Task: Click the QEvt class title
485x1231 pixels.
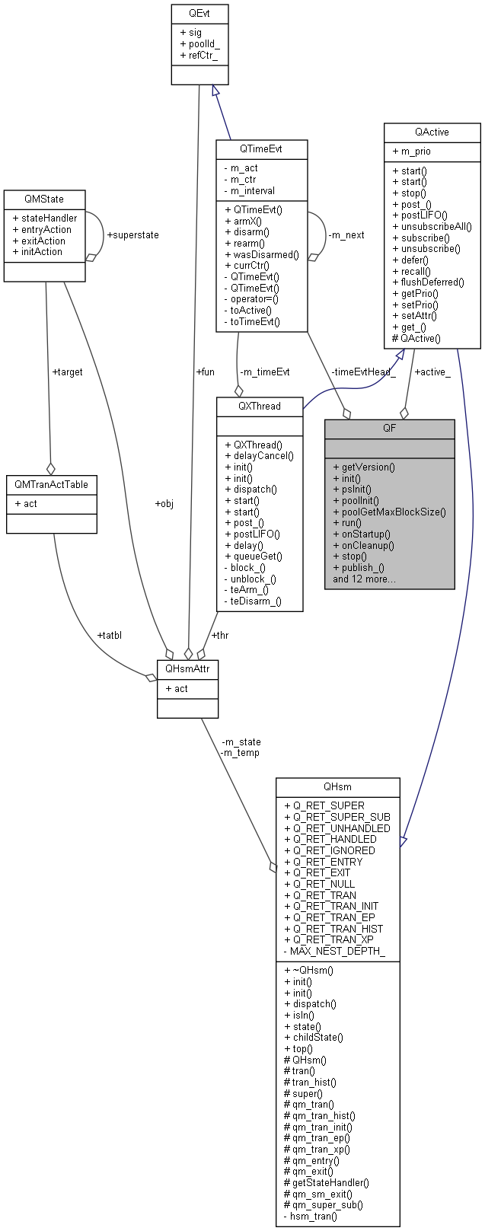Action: tap(199, 13)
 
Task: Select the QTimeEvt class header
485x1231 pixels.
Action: tap(260, 148)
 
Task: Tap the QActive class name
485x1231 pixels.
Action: tap(432, 132)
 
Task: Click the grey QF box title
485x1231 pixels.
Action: tap(389, 428)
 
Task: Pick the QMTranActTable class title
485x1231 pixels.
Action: tap(52, 484)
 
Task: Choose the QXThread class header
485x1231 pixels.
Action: tap(260, 406)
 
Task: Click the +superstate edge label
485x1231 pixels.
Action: tap(133, 235)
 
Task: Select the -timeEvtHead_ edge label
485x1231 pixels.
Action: tap(363, 372)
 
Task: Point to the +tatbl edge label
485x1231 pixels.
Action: tap(111, 635)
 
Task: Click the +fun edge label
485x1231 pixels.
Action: tap(206, 372)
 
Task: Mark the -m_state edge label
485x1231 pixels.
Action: tap(241, 741)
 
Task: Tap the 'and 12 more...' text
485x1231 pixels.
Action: tap(364, 579)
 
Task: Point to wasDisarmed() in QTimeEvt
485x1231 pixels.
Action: tap(261, 254)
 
